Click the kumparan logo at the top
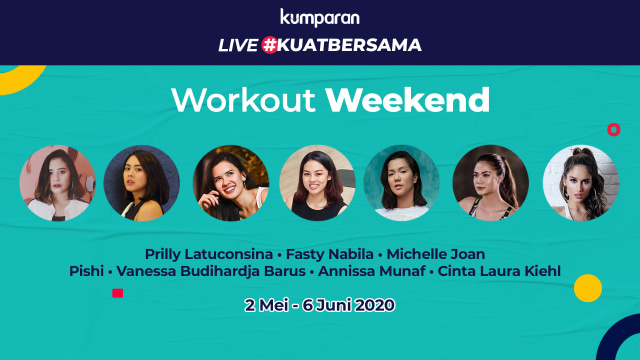coord(319,17)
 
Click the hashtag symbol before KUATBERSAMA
coord(269,45)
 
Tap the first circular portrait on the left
coord(56,183)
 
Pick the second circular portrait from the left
coord(142,183)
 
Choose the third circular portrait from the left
coord(231,183)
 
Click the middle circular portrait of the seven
coord(318,183)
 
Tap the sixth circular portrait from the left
coord(490,183)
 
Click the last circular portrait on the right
coord(581,183)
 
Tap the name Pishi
coord(88,271)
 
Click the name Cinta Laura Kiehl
coord(505,271)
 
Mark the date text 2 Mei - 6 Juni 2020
coord(320,304)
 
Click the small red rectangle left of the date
coord(117,293)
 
